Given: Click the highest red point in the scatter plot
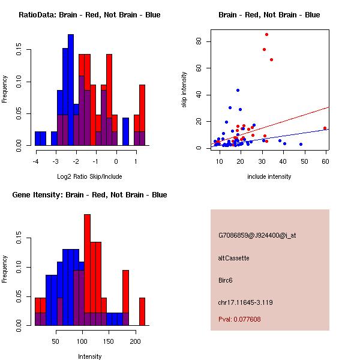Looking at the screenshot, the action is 266,34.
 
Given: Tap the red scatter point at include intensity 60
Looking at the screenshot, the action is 325,128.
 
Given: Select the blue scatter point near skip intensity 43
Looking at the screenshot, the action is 238,90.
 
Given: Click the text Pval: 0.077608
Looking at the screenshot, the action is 239,319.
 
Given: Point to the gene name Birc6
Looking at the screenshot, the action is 225,280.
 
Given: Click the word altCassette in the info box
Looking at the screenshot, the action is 233,258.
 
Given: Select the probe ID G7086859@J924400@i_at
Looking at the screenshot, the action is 257,235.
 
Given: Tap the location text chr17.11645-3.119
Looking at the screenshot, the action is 245,302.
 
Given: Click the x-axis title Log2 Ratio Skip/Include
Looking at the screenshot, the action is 89,176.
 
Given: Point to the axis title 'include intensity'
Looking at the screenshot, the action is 269,176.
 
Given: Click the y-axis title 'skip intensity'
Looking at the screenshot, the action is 184,89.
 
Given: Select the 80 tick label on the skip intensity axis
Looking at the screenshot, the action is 199,41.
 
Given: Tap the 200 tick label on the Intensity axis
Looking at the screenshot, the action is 135,341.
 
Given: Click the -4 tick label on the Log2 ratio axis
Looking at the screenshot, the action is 35,161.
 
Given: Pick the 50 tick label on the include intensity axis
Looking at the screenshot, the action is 304,161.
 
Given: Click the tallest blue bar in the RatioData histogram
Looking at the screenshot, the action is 71,90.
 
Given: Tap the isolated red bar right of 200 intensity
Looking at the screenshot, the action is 142,311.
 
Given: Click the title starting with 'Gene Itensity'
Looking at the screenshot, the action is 89,194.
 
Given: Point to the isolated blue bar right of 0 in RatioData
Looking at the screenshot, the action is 125,131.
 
